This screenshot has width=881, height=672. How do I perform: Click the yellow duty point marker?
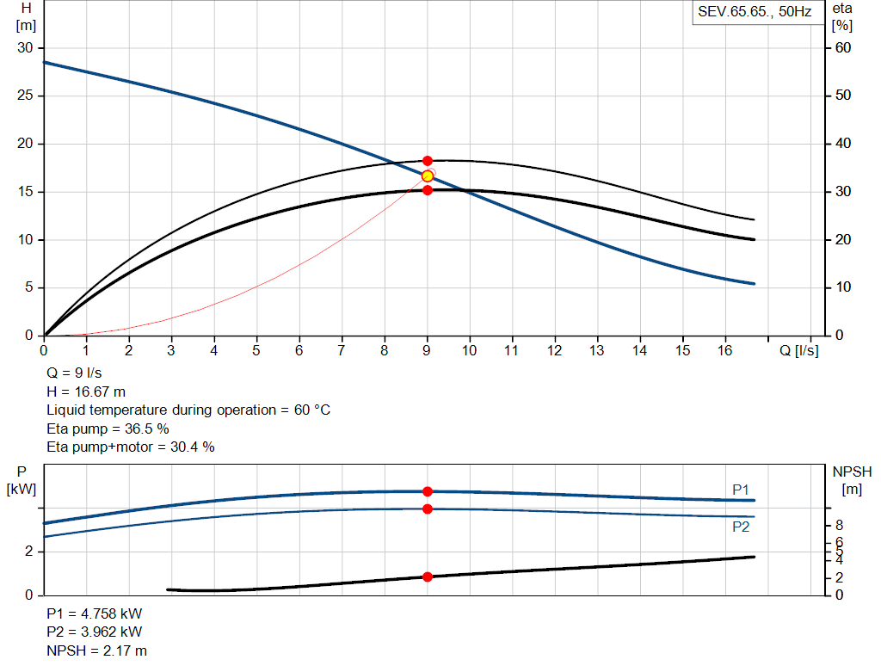(428, 176)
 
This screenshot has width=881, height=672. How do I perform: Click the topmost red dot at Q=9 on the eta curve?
(428, 161)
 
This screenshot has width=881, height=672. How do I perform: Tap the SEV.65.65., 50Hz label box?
(755, 13)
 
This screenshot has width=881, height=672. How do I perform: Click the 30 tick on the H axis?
(25, 48)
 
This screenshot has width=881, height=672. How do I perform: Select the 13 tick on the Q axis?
(596, 351)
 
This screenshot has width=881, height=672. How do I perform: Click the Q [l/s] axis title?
(799, 351)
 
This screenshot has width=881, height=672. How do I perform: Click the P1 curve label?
(741, 490)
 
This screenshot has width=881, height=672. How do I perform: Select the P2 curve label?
(741, 527)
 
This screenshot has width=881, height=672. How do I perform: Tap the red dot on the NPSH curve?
(428, 576)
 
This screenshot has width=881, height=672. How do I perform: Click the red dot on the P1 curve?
(428, 491)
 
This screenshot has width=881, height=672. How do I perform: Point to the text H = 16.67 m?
(86, 391)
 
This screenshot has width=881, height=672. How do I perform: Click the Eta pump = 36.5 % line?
(108, 428)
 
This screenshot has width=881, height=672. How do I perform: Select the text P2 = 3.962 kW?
(95, 632)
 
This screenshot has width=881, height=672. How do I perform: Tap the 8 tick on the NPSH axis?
(839, 525)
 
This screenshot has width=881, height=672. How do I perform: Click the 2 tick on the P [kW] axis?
(29, 552)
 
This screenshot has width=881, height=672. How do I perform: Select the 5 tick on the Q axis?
(256, 351)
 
